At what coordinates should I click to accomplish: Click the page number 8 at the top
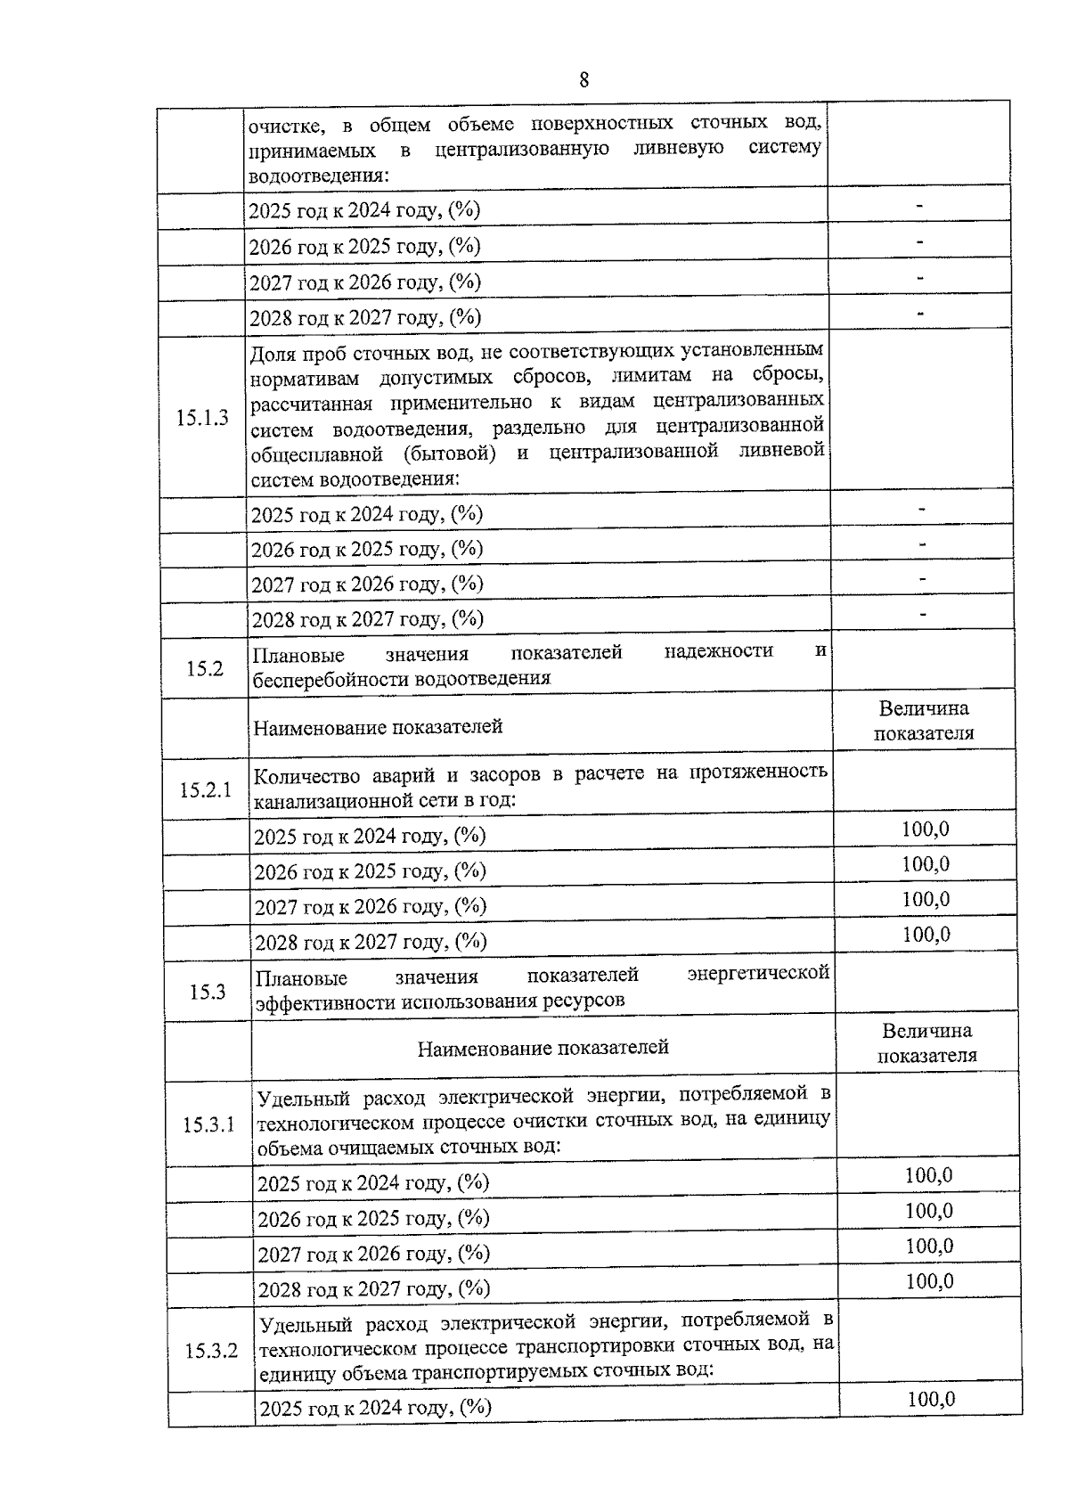pos(583,80)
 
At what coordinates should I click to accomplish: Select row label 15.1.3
pos(202,418)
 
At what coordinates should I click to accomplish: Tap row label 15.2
pos(205,667)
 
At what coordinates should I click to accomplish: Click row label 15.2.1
pos(206,789)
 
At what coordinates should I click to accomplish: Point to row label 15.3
pos(208,992)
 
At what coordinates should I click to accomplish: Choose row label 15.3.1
pos(209,1124)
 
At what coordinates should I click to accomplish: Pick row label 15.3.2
pos(211,1351)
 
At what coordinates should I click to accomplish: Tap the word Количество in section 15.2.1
pos(306,775)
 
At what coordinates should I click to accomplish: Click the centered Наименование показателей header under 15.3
pos(543,1048)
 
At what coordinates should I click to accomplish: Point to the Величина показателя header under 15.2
pos(923,721)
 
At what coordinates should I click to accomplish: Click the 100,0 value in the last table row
pos(931,1399)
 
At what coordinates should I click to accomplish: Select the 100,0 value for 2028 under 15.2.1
pos(926,935)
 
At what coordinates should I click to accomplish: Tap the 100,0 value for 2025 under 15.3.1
pos(928,1175)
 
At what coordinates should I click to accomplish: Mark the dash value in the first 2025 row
pos(919,207)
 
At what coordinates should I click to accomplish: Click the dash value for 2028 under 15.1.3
pos(923,614)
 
